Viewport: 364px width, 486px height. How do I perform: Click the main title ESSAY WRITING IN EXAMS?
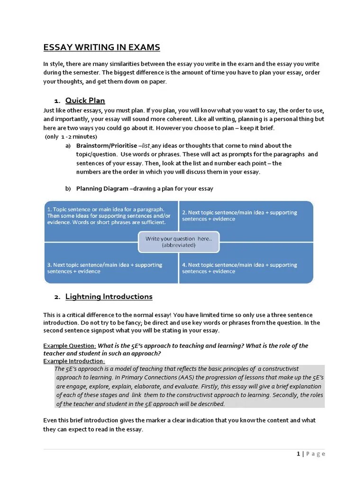[x=101, y=47]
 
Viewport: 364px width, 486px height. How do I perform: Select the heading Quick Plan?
[x=85, y=101]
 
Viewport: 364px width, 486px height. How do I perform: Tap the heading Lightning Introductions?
[x=109, y=297]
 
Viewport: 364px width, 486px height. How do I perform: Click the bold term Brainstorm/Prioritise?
[x=107, y=146]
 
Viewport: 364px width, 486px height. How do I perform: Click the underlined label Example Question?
[x=70, y=346]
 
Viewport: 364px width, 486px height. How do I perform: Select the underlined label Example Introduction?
[x=74, y=361]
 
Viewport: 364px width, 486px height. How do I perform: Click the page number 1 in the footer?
[x=298, y=454]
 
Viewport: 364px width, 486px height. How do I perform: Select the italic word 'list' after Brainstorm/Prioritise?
[x=146, y=146]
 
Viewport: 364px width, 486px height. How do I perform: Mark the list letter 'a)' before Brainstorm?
[x=68, y=146]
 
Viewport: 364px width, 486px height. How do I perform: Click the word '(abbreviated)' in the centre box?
[x=178, y=245]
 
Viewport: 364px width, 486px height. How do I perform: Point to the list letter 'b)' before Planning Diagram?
[x=68, y=189]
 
